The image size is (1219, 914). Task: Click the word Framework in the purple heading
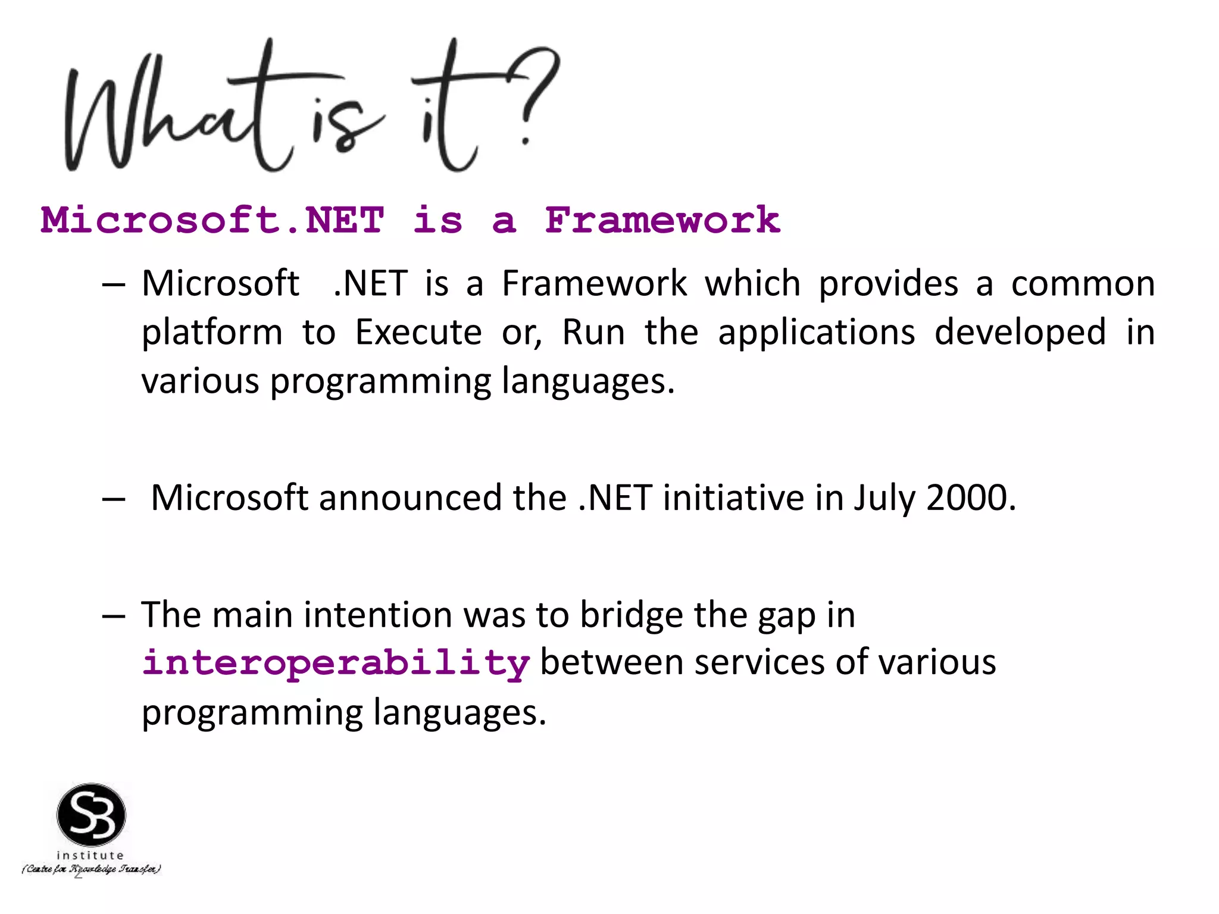pyautogui.click(x=662, y=220)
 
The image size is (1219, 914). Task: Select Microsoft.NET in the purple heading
pyautogui.click(x=212, y=220)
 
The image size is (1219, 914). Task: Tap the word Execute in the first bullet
pyautogui.click(x=418, y=332)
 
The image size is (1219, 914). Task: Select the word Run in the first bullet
pyautogui.click(x=593, y=332)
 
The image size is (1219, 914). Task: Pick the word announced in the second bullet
pyautogui.click(x=410, y=497)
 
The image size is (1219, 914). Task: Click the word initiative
pyautogui.click(x=733, y=497)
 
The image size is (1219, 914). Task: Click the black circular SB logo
pyautogui.click(x=91, y=815)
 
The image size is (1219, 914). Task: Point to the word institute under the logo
pyautogui.click(x=90, y=855)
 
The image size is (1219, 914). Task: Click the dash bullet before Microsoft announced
pyautogui.click(x=113, y=499)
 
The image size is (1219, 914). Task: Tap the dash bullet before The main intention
pyautogui.click(x=113, y=616)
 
